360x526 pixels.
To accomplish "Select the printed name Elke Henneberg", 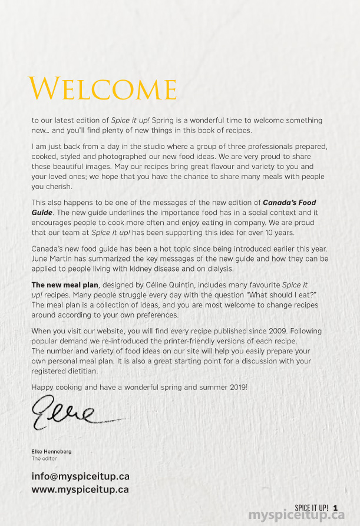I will pos(51,451).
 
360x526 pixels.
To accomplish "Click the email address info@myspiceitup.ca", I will pos(80,477).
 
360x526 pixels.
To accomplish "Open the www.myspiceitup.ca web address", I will pos(80,489).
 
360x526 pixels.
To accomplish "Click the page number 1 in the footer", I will pos(335,508).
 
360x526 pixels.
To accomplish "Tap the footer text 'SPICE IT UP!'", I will pos(312,508).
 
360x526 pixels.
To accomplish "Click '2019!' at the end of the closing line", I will pos(236,386).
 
